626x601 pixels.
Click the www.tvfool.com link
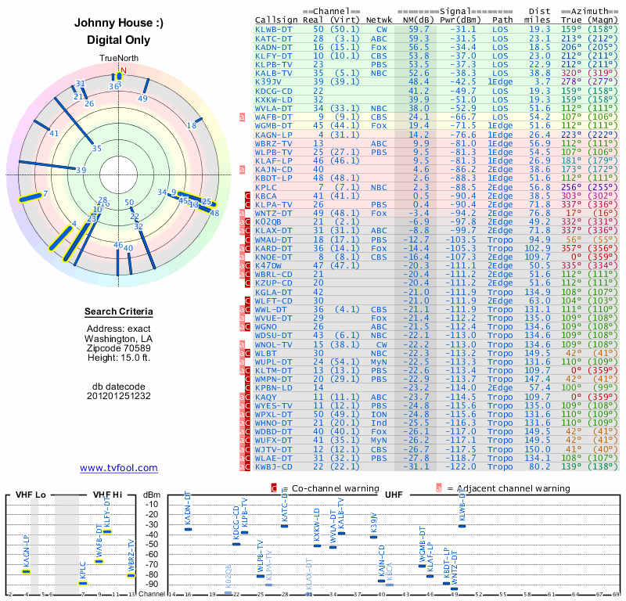click(118, 468)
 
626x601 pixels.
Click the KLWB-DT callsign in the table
click(274, 29)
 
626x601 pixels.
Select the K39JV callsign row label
click(268, 81)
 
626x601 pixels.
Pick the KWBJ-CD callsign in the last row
click(274, 466)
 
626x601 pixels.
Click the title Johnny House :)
click(119, 23)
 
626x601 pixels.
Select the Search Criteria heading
click(119, 312)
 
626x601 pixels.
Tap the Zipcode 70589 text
click(119, 348)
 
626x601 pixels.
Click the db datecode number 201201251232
click(119, 396)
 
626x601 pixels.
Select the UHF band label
click(394, 495)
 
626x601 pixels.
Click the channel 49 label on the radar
click(142, 99)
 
